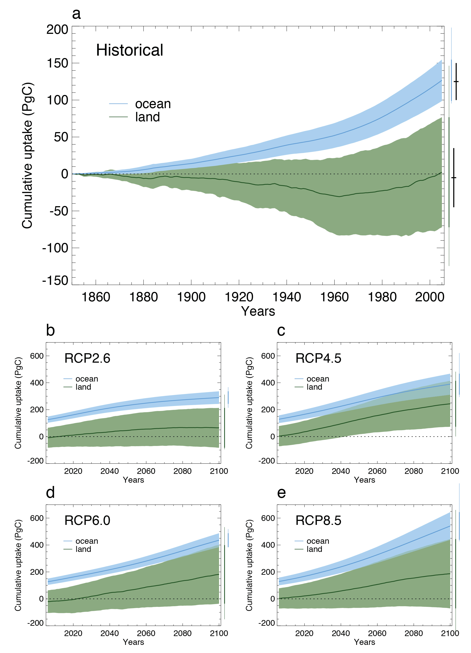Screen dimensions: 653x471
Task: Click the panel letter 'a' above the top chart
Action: tap(76, 14)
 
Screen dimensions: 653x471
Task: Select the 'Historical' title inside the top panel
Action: tap(130, 50)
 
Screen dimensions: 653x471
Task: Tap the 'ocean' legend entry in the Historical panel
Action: tap(153, 104)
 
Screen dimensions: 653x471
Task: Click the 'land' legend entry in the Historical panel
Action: tap(148, 117)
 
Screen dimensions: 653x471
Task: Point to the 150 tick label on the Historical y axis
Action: tap(57, 63)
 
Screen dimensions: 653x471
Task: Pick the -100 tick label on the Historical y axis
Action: tap(55, 248)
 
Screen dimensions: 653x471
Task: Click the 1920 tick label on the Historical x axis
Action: tap(239, 297)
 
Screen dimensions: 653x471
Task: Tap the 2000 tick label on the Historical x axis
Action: tap(429, 297)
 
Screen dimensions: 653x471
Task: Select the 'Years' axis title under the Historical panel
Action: tap(258, 311)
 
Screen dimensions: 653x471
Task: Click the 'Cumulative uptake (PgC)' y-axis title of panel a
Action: tap(28, 155)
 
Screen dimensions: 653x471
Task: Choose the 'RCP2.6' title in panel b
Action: tap(87, 358)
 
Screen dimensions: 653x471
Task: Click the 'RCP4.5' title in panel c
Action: tap(318, 358)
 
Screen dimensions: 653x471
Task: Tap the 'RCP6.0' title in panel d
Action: tap(87, 520)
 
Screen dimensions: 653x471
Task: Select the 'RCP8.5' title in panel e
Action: tap(318, 520)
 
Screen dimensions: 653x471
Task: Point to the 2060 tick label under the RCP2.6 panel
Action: tap(146, 471)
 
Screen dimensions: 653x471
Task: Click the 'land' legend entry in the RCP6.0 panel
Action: tap(83, 549)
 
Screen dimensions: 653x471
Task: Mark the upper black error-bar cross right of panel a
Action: tap(456, 82)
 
